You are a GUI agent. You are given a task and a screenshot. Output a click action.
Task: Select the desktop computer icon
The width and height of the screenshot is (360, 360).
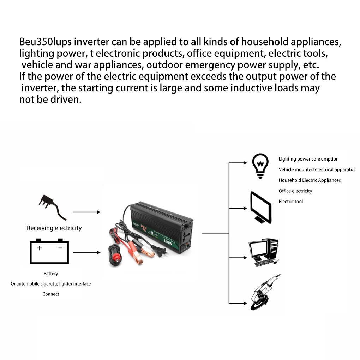click(263, 252)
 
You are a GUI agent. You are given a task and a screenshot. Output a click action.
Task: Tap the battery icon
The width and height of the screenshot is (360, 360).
click(49, 251)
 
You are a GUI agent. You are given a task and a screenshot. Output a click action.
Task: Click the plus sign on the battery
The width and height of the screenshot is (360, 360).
click(40, 248)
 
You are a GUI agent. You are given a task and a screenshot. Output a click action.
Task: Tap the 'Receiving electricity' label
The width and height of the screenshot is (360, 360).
click(54, 228)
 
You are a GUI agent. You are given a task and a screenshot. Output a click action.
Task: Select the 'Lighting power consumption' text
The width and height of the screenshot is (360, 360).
click(308, 159)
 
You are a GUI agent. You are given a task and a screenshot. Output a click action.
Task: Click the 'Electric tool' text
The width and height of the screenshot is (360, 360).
click(291, 202)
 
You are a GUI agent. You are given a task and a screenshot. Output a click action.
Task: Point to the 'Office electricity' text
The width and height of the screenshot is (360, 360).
click(295, 191)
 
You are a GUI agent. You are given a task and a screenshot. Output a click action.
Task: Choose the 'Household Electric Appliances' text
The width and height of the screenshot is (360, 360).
click(310, 180)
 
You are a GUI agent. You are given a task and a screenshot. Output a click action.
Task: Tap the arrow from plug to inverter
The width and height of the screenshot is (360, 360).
click(86, 212)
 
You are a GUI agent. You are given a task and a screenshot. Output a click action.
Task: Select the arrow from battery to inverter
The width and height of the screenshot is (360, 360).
click(86, 252)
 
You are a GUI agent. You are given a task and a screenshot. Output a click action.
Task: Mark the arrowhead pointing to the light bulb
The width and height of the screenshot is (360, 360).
click(245, 163)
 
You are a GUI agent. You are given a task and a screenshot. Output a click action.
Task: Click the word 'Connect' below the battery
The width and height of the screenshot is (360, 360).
click(51, 294)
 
